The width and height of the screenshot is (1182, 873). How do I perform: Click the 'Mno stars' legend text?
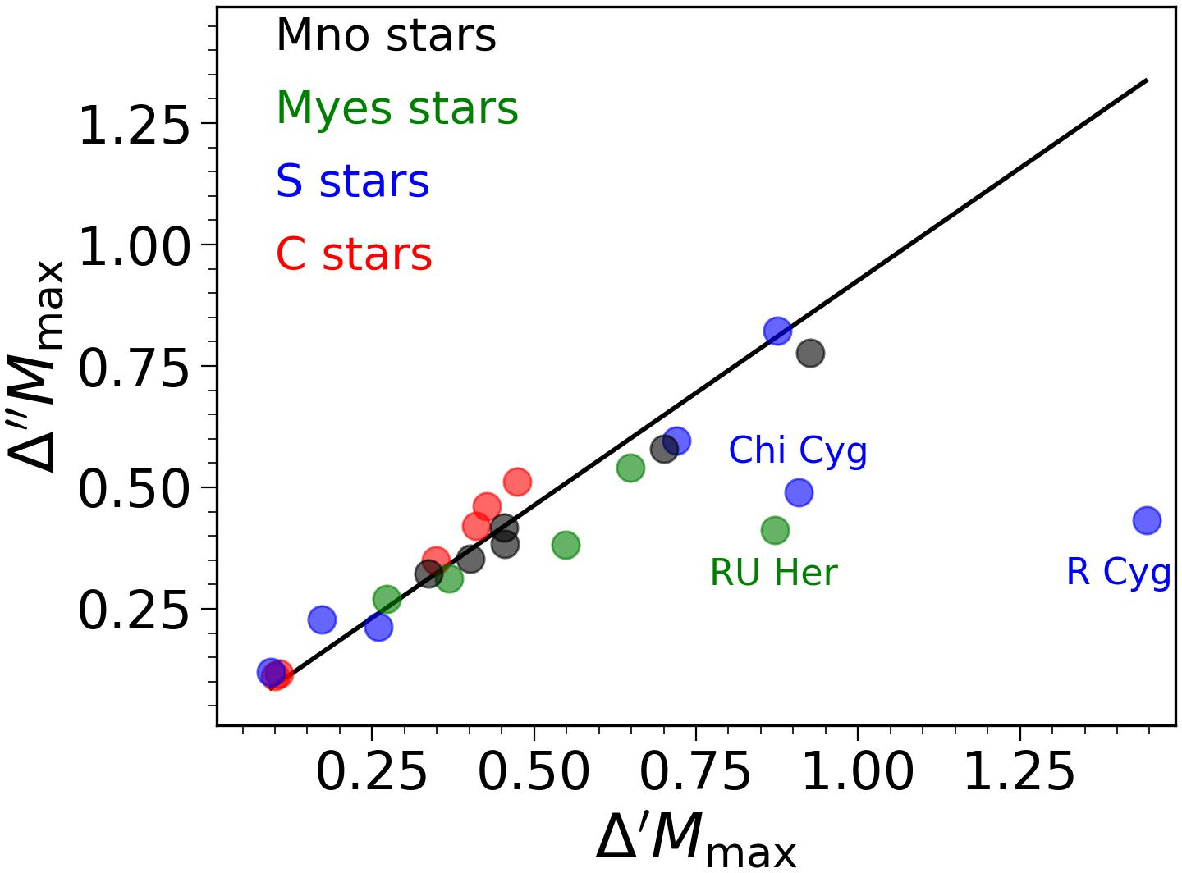coord(386,36)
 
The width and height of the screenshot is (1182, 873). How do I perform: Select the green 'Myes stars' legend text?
coord(397,108)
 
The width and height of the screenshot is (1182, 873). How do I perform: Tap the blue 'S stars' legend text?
coord(352,181)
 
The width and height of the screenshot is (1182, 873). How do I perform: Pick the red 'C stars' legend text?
coord(354,254)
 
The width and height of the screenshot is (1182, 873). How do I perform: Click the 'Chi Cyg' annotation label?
coord(797,450)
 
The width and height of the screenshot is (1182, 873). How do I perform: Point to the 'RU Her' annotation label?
coord(773,573)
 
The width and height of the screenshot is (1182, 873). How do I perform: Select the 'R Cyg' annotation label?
coord(1118,572)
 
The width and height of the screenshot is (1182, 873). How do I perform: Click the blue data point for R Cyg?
coord(1147,519)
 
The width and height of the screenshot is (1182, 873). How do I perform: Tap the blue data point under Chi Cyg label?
coord(799,492)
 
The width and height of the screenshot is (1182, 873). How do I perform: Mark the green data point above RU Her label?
coord(775,530)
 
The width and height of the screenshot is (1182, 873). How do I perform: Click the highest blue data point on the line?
coord(777,331)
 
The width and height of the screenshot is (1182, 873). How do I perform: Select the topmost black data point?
coord(810,354)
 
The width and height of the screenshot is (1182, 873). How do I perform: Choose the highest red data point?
coord(517,482)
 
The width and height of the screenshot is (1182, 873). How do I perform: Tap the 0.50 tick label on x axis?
coord(534,772)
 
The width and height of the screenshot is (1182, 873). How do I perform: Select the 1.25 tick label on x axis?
coord(1019,772)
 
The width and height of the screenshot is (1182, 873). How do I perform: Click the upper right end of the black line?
coord(1147,80)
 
